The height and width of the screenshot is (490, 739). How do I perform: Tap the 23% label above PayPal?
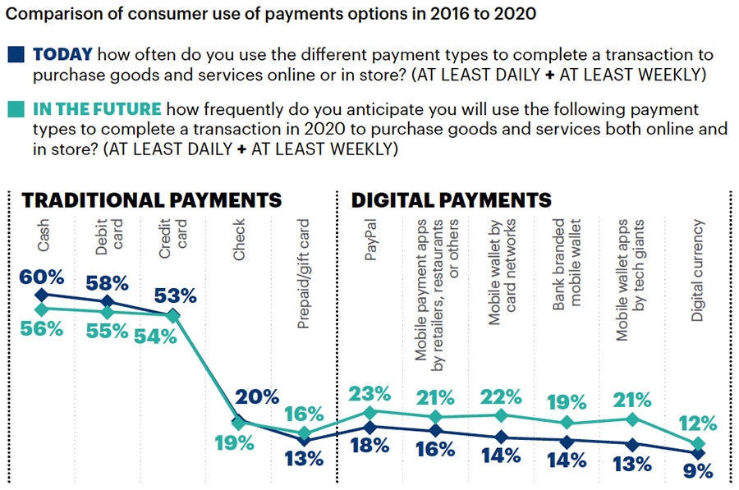click(369, 395)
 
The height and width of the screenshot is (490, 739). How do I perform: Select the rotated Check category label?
click(239, 240)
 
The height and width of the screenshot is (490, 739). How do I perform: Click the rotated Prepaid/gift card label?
click(304, 273)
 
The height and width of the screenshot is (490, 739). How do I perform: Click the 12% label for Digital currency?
click(699, 424)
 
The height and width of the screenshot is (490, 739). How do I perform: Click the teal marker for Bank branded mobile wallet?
click(567, 423)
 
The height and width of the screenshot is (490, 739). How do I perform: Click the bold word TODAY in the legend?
click(62, 56)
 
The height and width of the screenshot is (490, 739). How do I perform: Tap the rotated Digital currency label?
click(699, 269)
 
